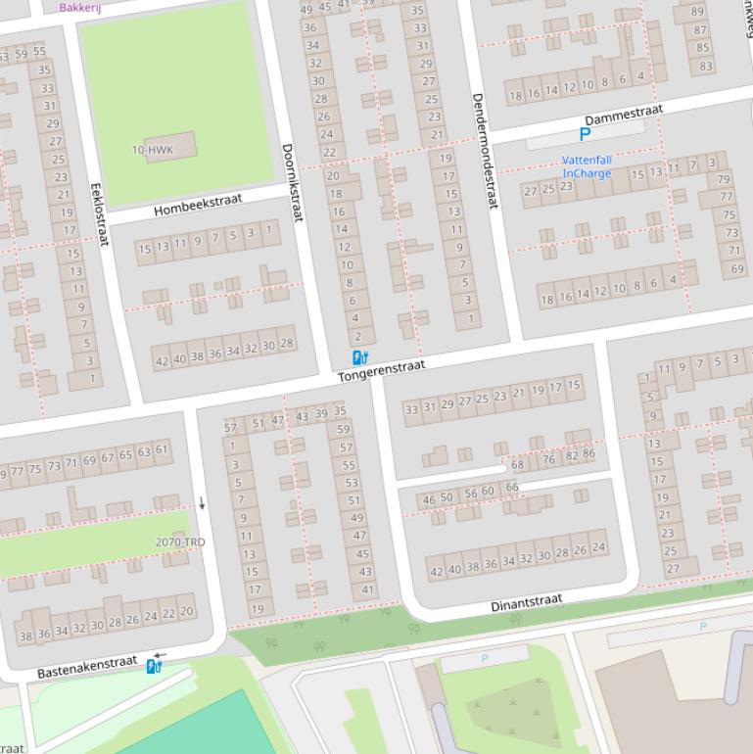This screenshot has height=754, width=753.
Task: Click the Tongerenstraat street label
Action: click(382, 370)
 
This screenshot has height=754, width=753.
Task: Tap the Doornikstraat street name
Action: click(292, 182)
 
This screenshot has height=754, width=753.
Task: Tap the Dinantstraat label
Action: click(526, 601)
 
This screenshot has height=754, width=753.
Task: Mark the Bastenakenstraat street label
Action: click(87, 668)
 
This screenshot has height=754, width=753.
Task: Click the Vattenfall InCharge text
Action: click(587, 166)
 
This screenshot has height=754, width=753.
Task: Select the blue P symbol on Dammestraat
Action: click(586, 135)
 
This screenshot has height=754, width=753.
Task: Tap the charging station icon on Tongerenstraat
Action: click(359, 357)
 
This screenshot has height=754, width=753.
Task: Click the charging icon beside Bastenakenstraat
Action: click(153, 667)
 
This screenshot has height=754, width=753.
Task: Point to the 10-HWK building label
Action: click(152, 150)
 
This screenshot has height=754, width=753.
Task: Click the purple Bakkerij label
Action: click(79, 6)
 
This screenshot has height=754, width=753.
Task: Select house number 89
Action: click(699, 12)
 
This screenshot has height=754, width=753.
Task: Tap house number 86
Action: click(588, 453)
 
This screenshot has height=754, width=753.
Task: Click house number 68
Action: click(517, 464)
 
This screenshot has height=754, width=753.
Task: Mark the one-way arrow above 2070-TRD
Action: click(203, 503)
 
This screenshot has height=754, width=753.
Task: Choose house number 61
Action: click(162, 449)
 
